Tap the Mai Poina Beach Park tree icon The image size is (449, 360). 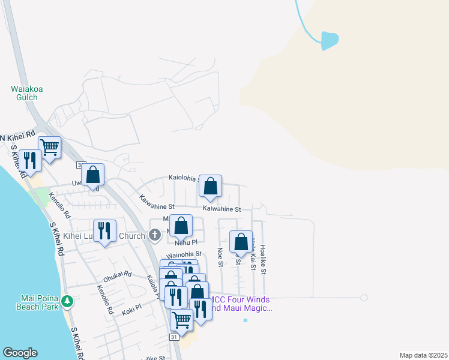pos(68,300)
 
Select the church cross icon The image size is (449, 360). pos(155,235)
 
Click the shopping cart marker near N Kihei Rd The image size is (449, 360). pos(49,146)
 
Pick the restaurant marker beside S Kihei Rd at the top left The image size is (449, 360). pos(29,160)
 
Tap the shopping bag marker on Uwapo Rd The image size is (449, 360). pos(92,175)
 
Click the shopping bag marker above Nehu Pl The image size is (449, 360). pos(181,226)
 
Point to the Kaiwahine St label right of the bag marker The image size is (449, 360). pos(221,209)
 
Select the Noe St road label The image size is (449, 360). pos(220,257)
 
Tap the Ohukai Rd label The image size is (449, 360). pos(117,276)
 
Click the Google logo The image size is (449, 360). pos(20,353)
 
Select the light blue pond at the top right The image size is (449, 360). pos(330,40)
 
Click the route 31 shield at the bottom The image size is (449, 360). pos(173,338)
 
